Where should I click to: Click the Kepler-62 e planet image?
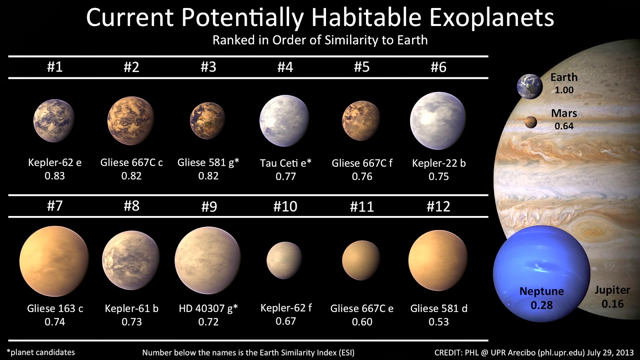(x=54, y=120)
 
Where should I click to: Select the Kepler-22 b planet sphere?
(x=438, y=120)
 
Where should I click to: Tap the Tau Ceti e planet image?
(x=284, y=120)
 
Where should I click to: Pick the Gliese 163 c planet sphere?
(x=54, y=261)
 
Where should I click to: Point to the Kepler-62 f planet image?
(x=284, y=260)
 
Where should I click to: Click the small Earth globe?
(x=530, y=86)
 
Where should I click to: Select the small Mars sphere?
(x=531, y=122)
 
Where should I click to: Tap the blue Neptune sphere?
(x=541, y=273)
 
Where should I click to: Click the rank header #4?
(x=285, y=67)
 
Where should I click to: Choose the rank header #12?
(x=438, y=206)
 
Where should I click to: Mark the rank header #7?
(x=55, y=206)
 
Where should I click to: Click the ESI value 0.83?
(x=55, y=176)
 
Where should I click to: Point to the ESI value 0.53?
(x=439, y=322)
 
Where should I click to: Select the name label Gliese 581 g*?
(x=208, y=162)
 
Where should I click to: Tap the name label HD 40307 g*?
(x=208, y=308)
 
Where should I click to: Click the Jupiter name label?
(x=612, y=290)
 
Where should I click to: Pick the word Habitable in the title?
(x=366, y=18)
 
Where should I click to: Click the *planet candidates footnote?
(x=41, y=352)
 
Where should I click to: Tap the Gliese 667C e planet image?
(x=361, y=260)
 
